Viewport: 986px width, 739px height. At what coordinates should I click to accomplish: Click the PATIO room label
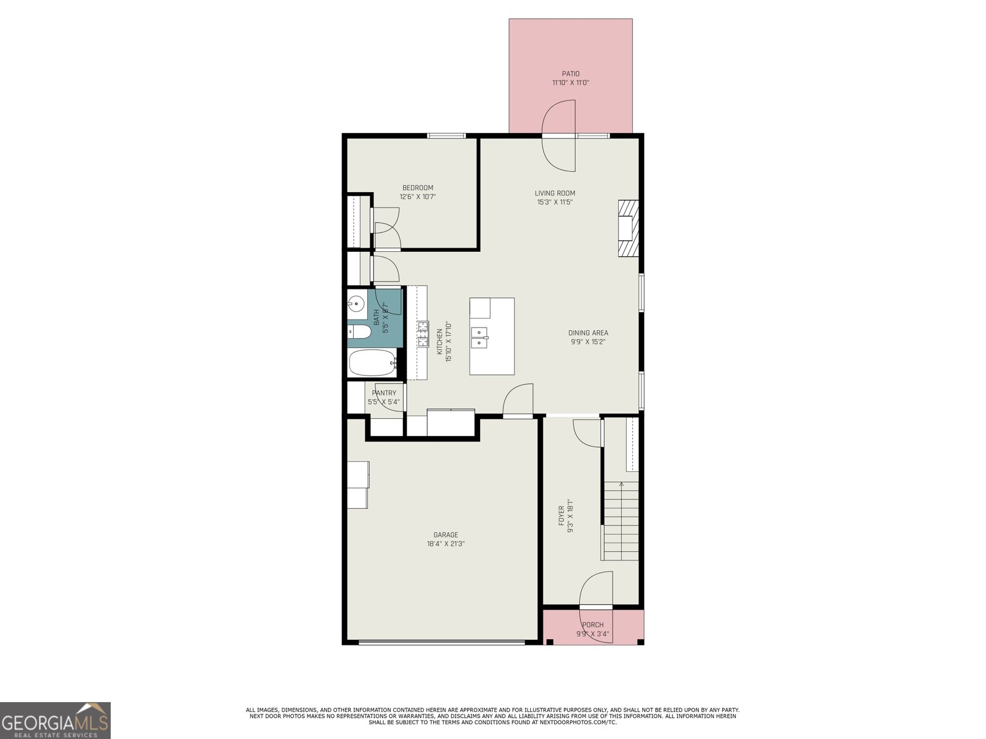570,74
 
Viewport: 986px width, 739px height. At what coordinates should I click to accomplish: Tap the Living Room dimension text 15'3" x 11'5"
555,202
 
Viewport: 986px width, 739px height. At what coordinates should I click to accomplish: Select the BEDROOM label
418,188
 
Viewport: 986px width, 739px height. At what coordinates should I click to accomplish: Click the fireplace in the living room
629,228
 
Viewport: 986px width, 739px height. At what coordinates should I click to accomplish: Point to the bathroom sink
356,304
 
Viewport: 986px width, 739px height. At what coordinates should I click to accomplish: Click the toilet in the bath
359,333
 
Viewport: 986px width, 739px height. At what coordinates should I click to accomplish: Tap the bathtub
372,363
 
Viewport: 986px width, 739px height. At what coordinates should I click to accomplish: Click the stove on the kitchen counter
423,334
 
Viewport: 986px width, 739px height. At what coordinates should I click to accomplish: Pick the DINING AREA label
588,333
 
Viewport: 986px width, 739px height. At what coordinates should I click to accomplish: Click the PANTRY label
384,393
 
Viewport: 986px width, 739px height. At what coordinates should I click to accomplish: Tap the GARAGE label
446,535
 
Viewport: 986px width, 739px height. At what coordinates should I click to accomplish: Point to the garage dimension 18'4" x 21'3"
446,544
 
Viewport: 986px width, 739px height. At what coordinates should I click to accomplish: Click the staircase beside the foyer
621,520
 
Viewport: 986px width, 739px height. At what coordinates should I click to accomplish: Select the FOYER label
561,516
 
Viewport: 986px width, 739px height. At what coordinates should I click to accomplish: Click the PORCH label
593,624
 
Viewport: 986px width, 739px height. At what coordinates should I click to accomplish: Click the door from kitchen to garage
518,402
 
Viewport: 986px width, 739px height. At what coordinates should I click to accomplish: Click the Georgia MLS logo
55,720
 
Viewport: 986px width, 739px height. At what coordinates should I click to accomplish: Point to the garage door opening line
442,642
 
